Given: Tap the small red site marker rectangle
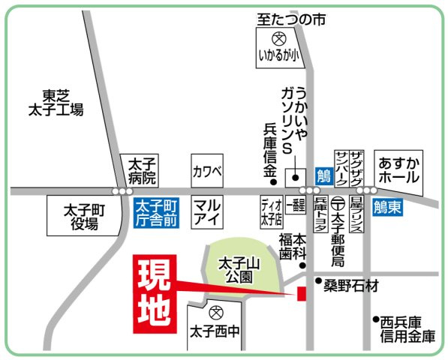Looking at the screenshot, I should pos(301,293).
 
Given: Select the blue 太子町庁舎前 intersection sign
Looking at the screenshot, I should pos(157,213).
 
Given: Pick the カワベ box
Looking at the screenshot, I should pos(207,170).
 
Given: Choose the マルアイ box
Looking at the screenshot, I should pos(207,212).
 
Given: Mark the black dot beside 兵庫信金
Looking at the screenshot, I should pos(274,181).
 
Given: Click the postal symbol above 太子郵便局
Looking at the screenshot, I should pos(338,203).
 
